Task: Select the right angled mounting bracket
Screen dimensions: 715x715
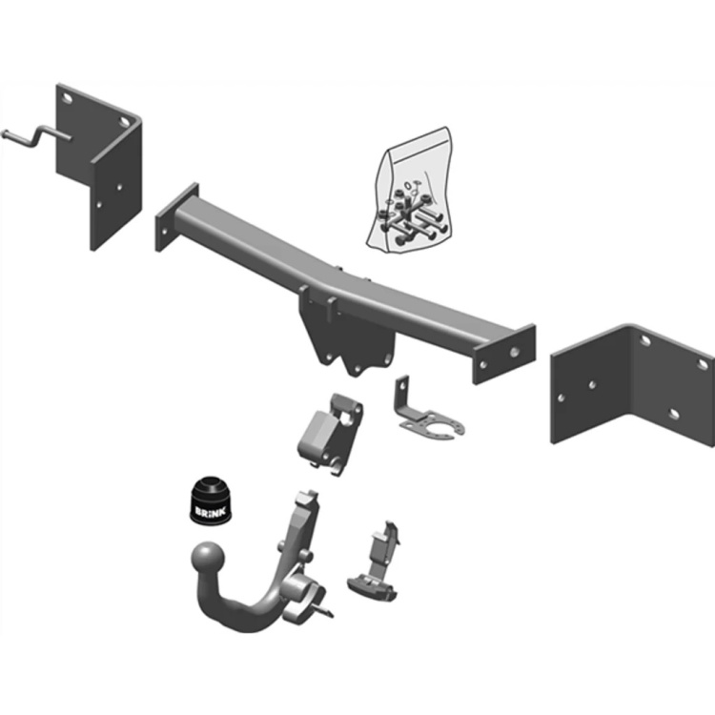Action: [634, 381]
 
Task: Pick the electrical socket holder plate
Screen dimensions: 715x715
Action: [429, 419]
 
